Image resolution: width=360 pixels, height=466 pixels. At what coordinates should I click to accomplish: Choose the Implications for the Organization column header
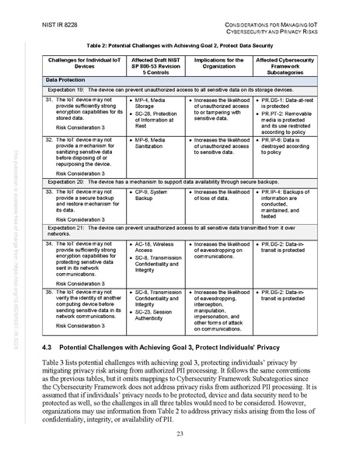pos(217,65)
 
